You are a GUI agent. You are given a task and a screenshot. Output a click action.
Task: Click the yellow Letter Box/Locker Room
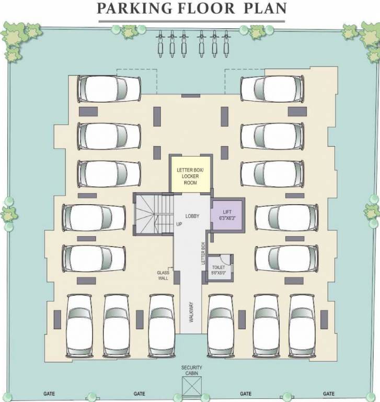click(190, 173)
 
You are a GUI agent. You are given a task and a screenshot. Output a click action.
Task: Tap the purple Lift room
click(227, 214)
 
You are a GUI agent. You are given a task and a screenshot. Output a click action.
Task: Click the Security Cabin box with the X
click(191, 388)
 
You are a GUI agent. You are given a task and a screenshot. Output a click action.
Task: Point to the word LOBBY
click(192, 216)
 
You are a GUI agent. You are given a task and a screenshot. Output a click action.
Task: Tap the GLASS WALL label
click(163, 275)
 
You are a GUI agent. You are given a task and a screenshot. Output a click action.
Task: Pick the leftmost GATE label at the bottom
click(50, 394)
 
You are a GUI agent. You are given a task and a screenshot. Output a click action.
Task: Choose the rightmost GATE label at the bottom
click(328, 394)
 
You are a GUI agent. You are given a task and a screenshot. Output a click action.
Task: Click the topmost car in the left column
click(109, 88)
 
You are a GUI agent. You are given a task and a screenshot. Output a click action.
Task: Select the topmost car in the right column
click(272, 88)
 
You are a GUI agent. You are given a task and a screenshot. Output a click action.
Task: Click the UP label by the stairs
click(179, 224)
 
